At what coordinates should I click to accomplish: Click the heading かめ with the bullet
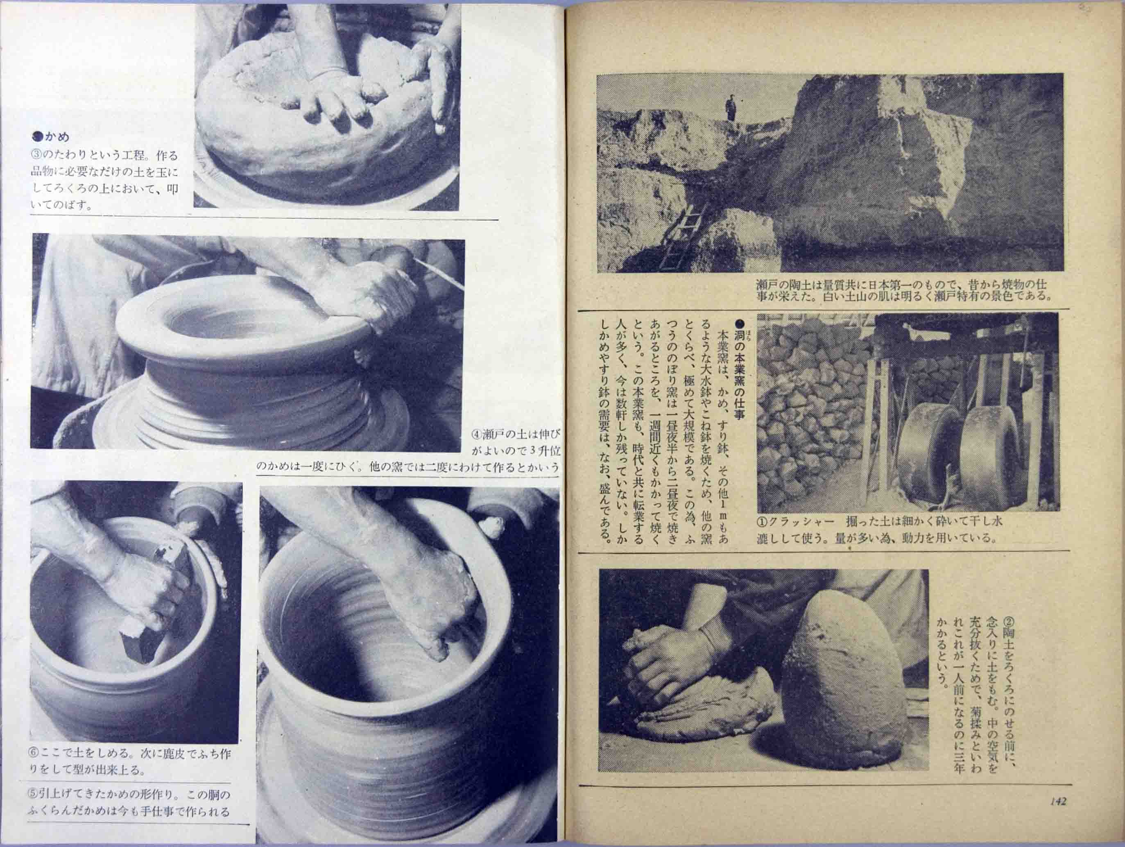point(51,136)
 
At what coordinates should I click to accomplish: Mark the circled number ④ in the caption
point(477,435)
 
